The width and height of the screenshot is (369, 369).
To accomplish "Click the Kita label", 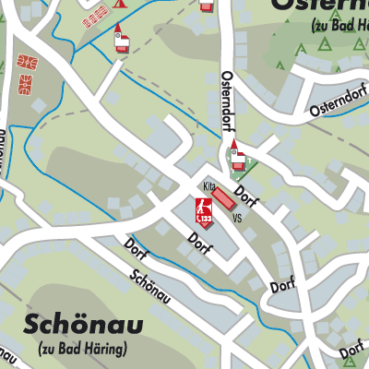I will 209,186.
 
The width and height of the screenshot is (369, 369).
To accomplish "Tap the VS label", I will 237,219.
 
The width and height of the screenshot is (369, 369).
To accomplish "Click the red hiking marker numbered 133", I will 205,211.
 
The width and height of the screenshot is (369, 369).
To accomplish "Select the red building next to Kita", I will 231,200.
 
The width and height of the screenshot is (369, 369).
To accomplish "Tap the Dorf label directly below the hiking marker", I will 199,243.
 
